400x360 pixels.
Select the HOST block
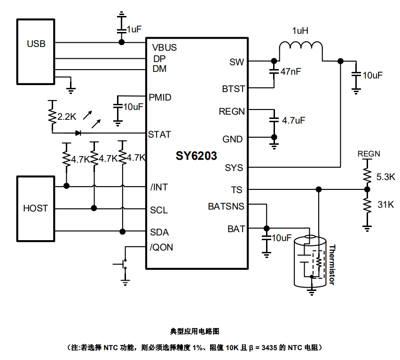click(x=36, y=208)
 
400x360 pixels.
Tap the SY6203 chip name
click(x=196, y=155)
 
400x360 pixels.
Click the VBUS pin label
click(x=165, y=47)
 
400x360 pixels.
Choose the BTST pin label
click(x=233, y=89)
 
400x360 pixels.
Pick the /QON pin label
click(x=161, y=247)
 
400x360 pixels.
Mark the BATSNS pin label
click(x=226, y=206)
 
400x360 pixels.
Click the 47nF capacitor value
click(x=290, y=72)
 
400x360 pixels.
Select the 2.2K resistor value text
click(x=67, y=117)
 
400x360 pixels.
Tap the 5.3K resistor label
click(x=386, y=177)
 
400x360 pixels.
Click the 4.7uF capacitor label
click(x=293, y=120)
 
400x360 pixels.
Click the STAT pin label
click(x=159, y=134)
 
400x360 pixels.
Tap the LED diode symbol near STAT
click(x=78, y=133)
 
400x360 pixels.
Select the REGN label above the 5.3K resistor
click(x=369, y=154)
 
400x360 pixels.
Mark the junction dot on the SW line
click(x=273, y=61)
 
